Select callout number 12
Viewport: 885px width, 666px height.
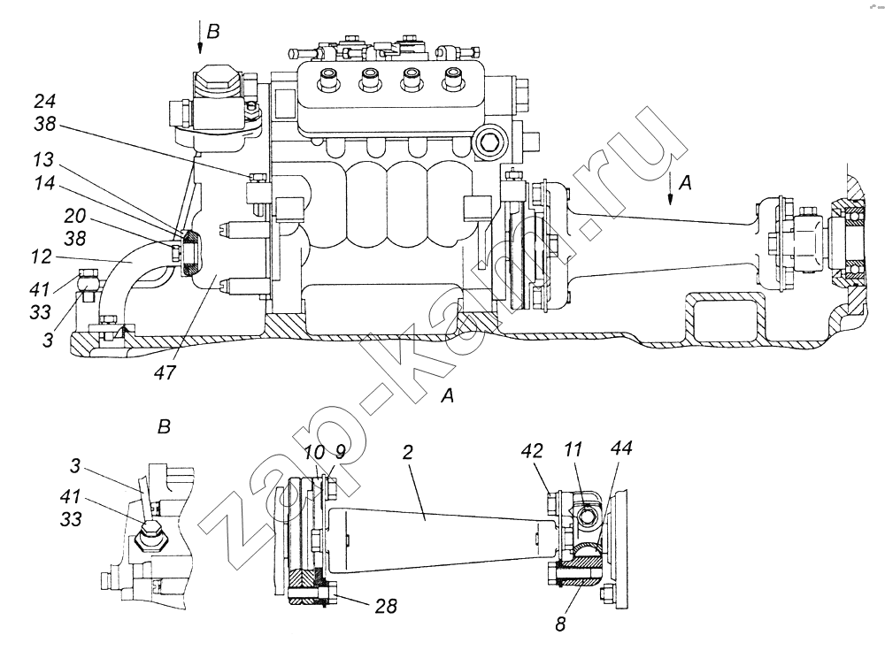coord(42,257)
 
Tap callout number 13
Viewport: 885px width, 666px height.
coord(43,160)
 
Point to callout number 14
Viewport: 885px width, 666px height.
coord(43,183)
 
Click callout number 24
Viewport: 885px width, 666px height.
coord(45,102)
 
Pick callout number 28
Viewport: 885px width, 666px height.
coord(386,606)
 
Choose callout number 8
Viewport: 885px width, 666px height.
coord(560,624)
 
